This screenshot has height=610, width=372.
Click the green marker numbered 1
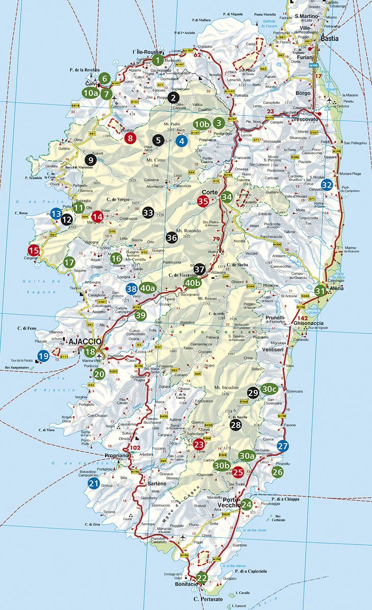click(158, 60)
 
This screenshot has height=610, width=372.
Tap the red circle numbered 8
click(130, 137)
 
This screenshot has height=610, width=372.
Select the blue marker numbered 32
click(327, 185)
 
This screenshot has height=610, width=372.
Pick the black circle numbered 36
click(171, 237)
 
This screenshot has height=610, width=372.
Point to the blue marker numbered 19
click(43, 356)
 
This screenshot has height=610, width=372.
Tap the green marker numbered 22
click(202, 578)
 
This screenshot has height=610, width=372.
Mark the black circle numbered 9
click(90, 159)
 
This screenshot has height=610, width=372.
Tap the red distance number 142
click(303, 318)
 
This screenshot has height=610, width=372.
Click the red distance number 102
click(135, 448)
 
